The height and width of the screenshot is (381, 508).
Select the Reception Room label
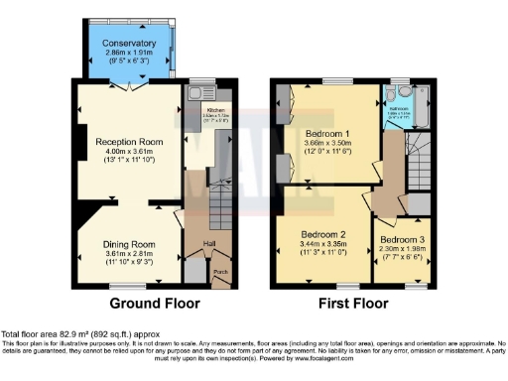pos(129,142)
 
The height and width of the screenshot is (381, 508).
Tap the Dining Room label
pos(130,244)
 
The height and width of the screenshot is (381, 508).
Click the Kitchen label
pos(215,110)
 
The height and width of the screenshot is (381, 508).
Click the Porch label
pos(220,273)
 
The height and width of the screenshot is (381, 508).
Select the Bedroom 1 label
pos(328,132)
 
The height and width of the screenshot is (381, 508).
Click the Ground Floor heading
pos(154,304)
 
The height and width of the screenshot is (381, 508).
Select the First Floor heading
pos(351,304)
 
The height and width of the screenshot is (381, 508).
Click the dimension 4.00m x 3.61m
pos(129,154)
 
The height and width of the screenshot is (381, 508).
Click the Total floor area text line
pos(79,335)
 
